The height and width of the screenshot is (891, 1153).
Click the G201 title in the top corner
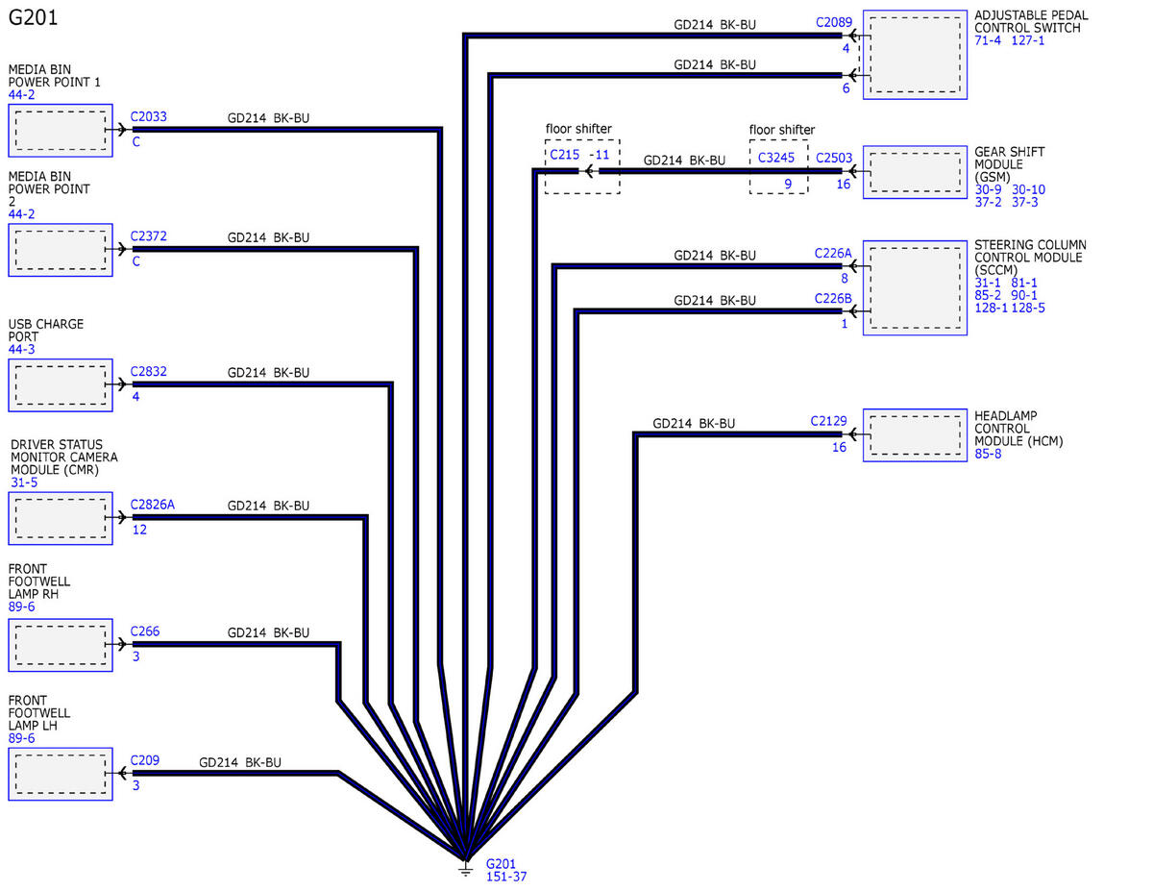tap(33, 17)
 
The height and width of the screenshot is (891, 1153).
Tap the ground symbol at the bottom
tap(465, 869)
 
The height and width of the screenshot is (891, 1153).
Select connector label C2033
tap(149, 116)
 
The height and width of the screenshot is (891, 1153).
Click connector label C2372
tap(149, 236)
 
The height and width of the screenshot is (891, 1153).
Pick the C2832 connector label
tap(149, 371)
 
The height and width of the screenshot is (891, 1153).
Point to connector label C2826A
tap(152, 505)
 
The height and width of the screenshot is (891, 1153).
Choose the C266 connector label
tap(145, 631)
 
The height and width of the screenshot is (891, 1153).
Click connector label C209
tap(145, 760)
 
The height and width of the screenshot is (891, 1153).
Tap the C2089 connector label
tap(834, 22)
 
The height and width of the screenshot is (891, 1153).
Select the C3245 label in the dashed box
tap(775, 158)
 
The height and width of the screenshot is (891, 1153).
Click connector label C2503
tap(834, 159)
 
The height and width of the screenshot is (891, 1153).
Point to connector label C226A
tap(833, 254)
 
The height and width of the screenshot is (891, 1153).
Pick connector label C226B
tap(833, 299)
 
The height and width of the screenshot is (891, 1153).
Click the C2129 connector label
tap(828, 421)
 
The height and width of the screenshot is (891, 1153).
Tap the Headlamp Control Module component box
tap(915, 435)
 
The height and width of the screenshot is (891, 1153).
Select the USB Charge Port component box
tap(61, 385)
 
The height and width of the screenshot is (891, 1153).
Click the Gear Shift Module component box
tap(915, 172)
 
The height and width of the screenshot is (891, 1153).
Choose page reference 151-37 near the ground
tap(506, 878)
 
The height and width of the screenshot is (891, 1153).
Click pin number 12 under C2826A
tap(139, 530)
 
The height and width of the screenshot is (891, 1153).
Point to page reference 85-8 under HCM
tap(988, 455)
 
